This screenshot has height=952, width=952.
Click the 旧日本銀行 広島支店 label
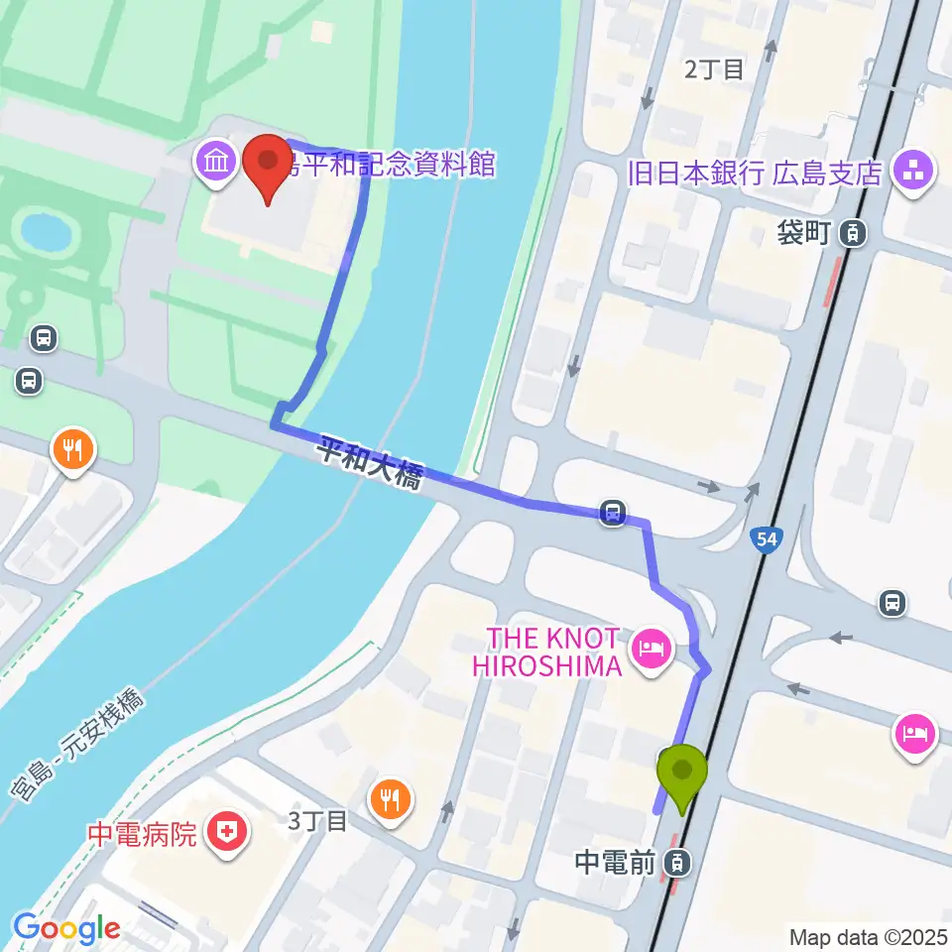coord(755,173)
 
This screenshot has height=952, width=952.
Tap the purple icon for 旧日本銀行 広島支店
coord(912,172)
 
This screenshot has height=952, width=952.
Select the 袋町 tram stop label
coord(806,234)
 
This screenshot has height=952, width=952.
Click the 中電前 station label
coord(615,864)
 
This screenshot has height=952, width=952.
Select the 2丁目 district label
coord(714,69)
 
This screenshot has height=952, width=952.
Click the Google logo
coord(65,928)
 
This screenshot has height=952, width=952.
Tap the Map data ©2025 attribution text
coord(868,936)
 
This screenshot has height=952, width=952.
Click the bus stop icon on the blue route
coord(613,513)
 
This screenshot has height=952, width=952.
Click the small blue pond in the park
coord(46,232)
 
